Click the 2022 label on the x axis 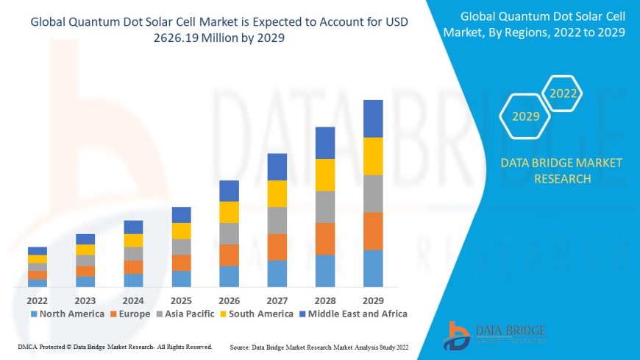[x=38, y=300]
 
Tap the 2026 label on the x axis [x=229, y=300]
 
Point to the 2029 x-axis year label [x=373, y=300]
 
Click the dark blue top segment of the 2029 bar [x=373, y=119]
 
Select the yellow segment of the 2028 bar [x=325, y=174]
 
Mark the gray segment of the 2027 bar [x=277, y=220]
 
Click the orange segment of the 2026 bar [x=229, y=255]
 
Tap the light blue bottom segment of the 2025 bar [x=181, y=278]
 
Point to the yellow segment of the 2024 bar [x=133, y=240]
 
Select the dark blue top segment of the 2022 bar [x=38, y=250]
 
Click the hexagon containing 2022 [x=563, y=94]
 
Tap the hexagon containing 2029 [x=525, y=116]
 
